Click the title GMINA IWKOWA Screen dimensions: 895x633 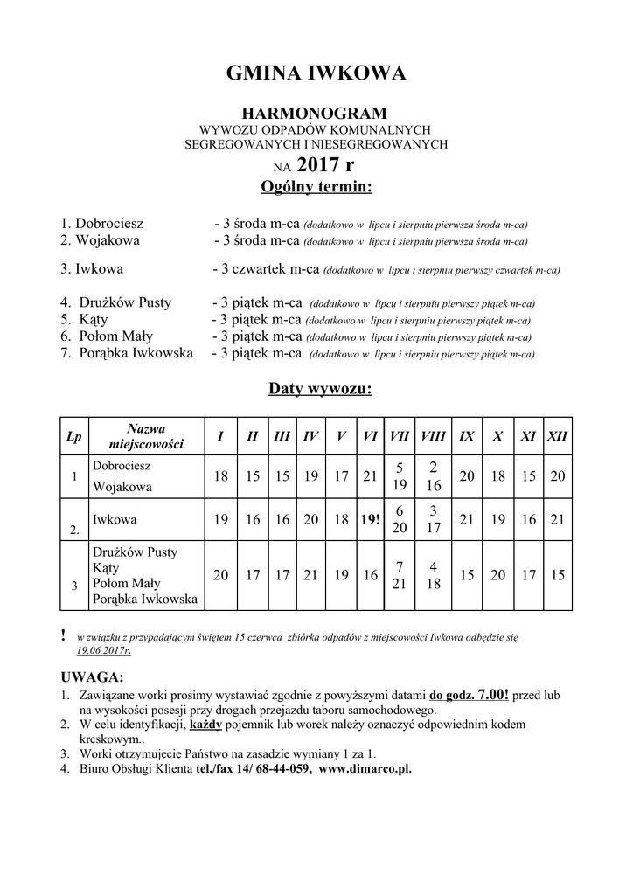(316, 74)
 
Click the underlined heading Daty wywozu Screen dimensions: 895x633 (319, 388)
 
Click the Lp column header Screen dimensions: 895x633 (74, 435)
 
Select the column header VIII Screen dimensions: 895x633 (433, 435)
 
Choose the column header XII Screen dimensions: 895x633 (557, 435)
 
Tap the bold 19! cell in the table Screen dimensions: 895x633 (369, 520)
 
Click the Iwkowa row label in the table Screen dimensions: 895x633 (115, 519)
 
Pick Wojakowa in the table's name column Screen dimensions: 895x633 (122, 486)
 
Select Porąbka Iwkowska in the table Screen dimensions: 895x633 (144, 599)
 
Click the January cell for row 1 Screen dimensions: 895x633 (220, 476)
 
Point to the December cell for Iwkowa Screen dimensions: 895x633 (557, 520)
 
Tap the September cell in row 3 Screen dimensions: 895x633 (467, 575)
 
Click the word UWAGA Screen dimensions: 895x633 (92, 677)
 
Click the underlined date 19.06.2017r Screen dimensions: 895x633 (102, 650)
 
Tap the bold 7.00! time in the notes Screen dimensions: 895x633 (493, 695)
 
